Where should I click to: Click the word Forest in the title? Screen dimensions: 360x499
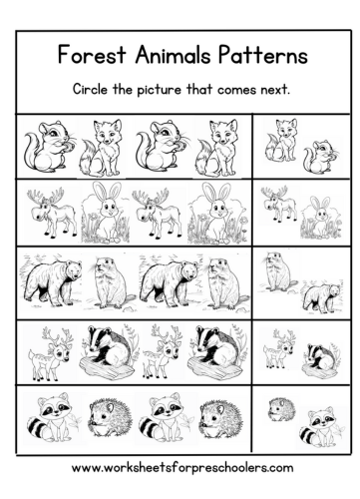(x=92, y=54)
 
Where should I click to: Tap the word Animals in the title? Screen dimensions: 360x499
(x=173, y=54)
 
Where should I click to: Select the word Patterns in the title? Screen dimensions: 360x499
(x=262, y=54)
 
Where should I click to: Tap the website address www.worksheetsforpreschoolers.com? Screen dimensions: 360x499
(x=182, y=468)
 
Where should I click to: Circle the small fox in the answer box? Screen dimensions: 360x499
(x=281, y=141)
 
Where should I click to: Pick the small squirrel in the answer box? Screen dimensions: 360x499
(x=322, y=156)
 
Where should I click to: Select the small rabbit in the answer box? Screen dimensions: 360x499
(x=320, y=217)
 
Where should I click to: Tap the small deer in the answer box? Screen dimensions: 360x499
(x=279, y=348)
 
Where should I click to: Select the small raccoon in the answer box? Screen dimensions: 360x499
(x=320, y=427)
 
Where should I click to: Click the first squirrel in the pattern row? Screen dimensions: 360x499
(x=50, y=147)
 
